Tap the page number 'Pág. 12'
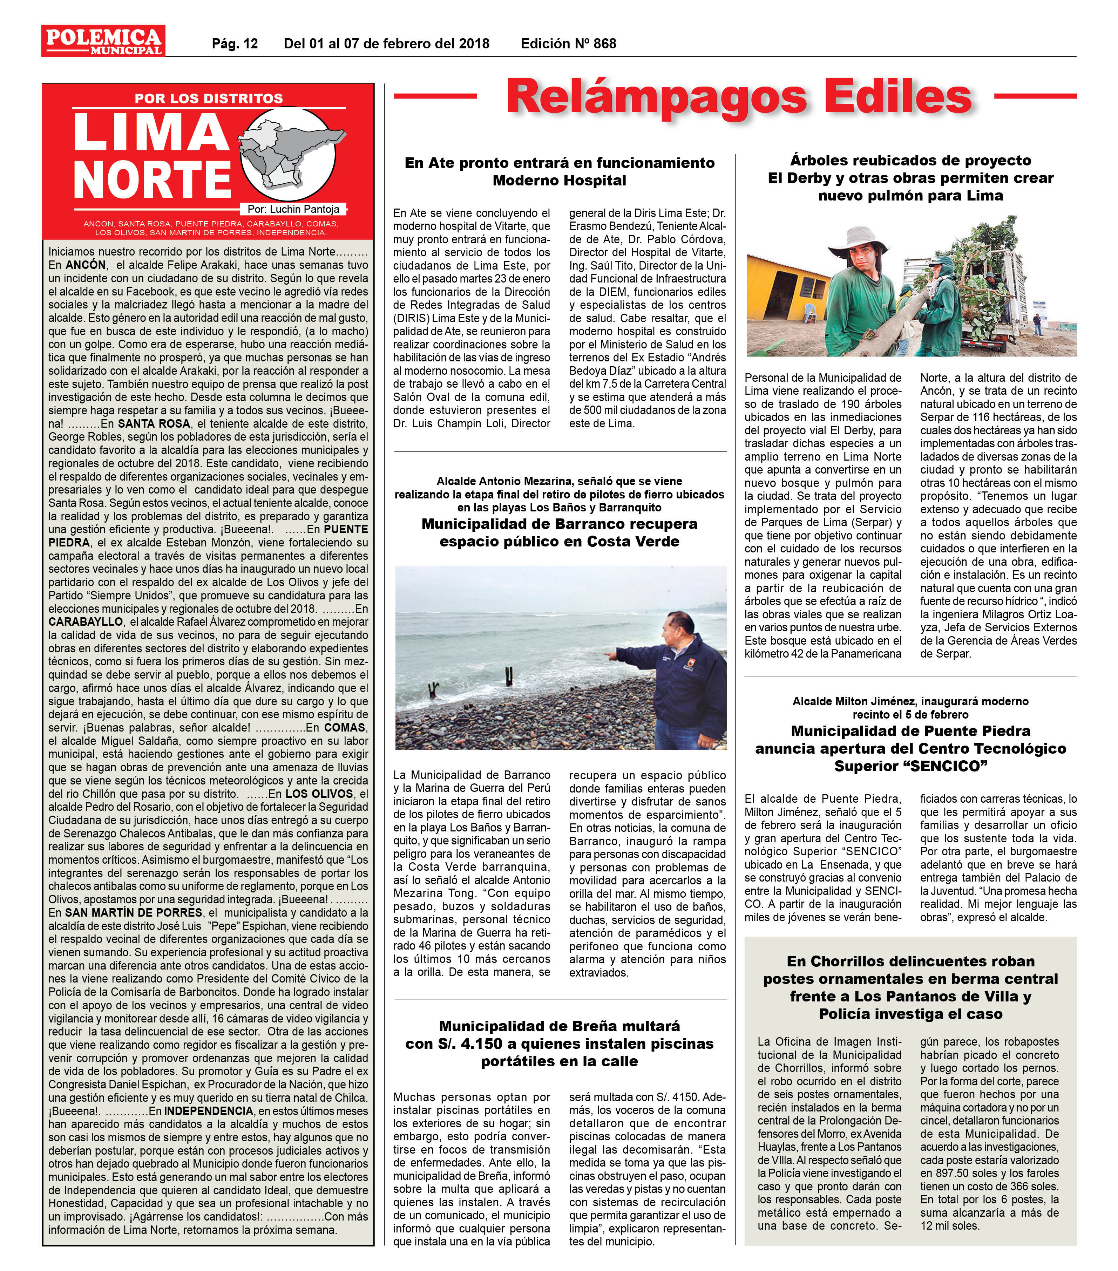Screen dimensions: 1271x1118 (235, 43)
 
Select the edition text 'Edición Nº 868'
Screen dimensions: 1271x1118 (568, 43)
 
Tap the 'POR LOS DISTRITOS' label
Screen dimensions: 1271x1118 (208, 98)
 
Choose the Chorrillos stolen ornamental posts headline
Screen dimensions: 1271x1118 (910, 987)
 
